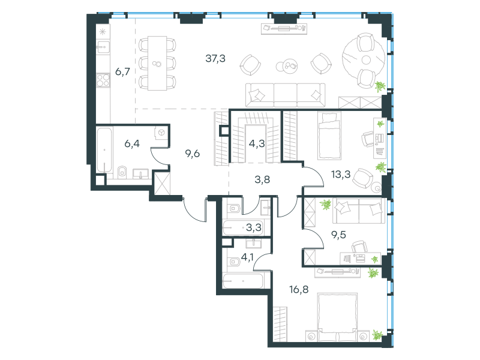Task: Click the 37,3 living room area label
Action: pyautogui.click(x=215, y=58)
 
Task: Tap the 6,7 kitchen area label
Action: pyautogui.click(x=122, y=71)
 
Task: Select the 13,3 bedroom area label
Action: pyautogui.click(x=341, y=175)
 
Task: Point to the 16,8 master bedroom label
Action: pyautogui.click(x=299, y=289)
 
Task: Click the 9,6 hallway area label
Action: pyautogui.click(x=193, y=154)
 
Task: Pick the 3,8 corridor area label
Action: pyautogui.click(x=262, y=179)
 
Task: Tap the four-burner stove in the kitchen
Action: pyautogui.click(x=103, y=80)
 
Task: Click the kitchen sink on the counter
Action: pyautogui.click(x=103, y=47)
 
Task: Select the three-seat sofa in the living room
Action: pyautogui.click(x=286, y=95)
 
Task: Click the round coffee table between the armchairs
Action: pyautogui.click(x=287, y=66)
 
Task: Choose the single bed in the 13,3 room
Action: pyautogui.click(x=329, y=136)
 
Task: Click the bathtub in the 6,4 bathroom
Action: pyautogui.click(x=104, y=151)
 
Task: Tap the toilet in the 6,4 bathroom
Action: pyautogui.click(x=122, y=172)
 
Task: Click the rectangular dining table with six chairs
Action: pyautogui.click(x=157, y=64)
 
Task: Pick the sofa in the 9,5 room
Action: pyautogui.click(x=358, y=211)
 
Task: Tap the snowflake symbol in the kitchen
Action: pyautogui.click(x=103, y=31)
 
